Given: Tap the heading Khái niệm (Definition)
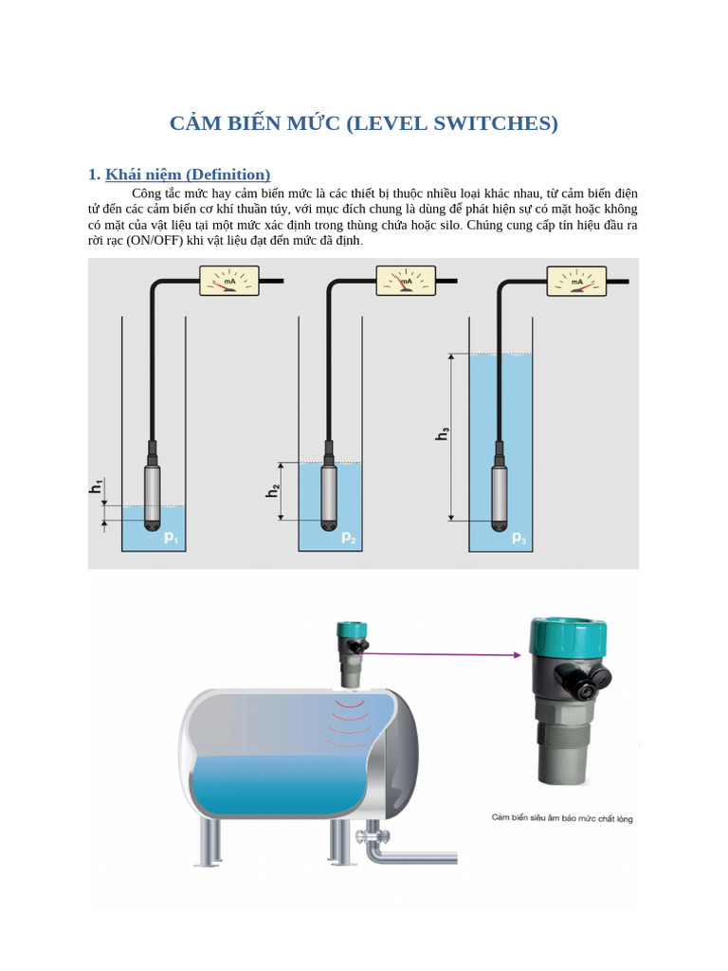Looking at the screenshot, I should (188, 174).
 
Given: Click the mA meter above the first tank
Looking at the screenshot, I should (227, 281).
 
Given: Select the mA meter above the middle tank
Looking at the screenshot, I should (406, 281).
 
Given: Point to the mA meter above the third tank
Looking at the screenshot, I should (576, 281).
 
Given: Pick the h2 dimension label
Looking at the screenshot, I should (273, 490).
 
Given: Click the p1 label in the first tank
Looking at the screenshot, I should (171, 538).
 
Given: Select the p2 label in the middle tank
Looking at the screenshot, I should (348, 538).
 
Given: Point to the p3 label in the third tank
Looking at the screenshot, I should (519, 538).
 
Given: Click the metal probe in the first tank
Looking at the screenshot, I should (151, 488).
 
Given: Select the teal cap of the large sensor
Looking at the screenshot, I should (568, 634).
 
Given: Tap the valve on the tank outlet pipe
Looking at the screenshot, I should (372, 835).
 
